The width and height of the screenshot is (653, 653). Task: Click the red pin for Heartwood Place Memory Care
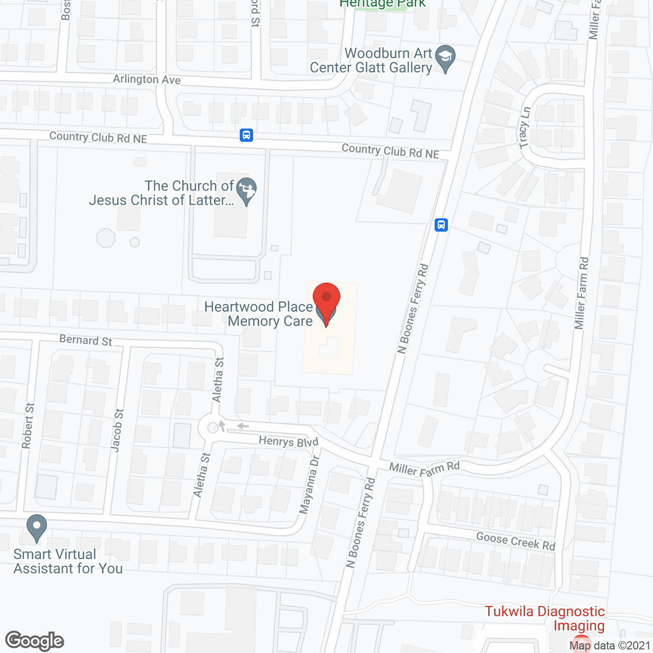coord(326,301)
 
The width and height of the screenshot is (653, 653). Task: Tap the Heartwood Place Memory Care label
coord(259,314)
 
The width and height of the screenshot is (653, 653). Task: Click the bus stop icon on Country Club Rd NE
coord(246,135)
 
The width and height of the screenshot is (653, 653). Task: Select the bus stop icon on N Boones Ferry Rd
coord(441,224)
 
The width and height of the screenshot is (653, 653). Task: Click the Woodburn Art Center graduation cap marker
coord(446,58)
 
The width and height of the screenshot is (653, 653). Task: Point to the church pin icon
coord(247,191)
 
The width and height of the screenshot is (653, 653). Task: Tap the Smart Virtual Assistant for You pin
coord(36,528)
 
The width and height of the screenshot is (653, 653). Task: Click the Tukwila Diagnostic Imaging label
coord(544,618)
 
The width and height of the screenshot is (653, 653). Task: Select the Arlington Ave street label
coord(146,79)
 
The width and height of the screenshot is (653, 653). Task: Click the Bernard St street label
coord(85,340)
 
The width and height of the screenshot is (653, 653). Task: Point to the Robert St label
coord(28,426)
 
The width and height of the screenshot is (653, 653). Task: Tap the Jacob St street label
coord(117,430)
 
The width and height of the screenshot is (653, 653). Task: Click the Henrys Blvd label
coord(288,441)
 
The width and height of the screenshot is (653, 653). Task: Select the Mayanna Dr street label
coord(309,485)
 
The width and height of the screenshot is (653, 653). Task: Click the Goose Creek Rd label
coord(515,541)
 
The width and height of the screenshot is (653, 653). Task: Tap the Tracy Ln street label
coord(524,128)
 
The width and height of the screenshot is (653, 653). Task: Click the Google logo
coord(35,641)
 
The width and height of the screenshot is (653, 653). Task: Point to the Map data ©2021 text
coord(610,646)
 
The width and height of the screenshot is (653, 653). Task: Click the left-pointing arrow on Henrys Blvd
coord(242,426)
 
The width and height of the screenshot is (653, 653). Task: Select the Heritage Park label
coord(383,4)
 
